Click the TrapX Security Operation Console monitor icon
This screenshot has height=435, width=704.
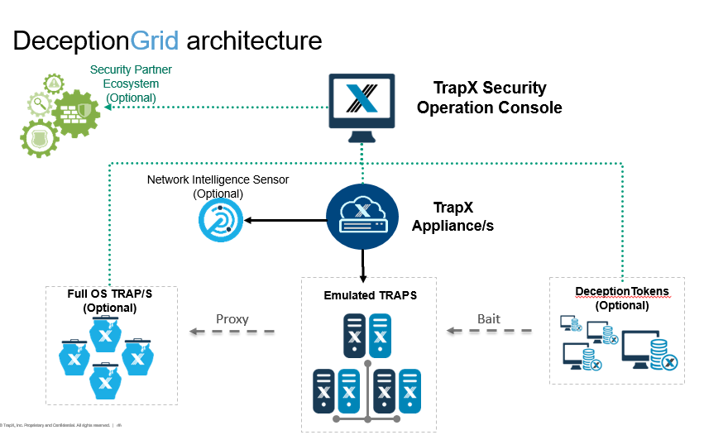click(361, 103)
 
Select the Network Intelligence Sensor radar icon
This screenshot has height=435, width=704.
click(218, 221)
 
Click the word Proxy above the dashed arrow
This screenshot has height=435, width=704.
click(232, 318)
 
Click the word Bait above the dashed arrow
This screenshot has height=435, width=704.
click(489, 318)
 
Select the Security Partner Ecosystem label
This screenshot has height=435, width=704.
click(124, 84)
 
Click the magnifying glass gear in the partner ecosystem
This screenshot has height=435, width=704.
click(39, 104)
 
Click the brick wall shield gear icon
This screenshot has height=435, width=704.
click(75, 112)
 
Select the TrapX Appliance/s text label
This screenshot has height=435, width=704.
click(453, 217)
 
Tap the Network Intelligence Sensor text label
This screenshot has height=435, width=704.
click(218, 186)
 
